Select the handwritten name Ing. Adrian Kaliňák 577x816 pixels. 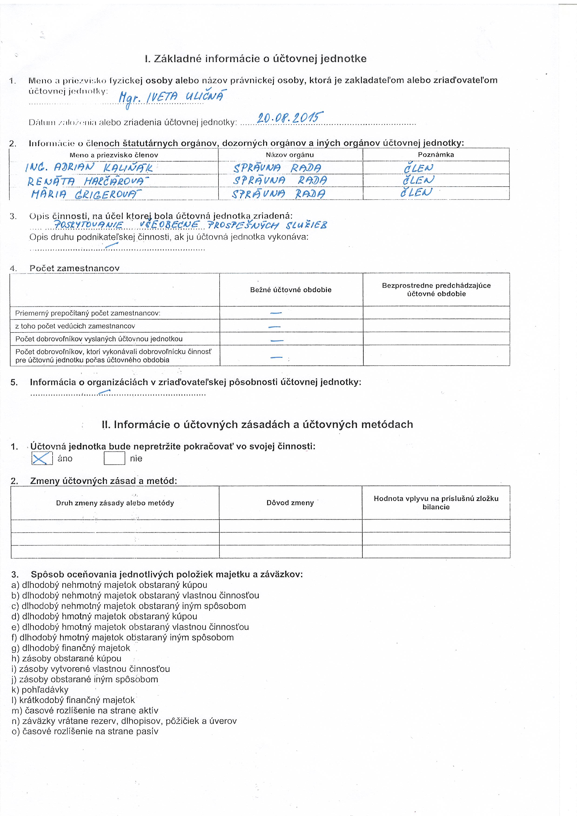[x=89, y=167]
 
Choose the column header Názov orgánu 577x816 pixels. [x=290, y=154]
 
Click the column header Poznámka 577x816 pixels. [x=436, y=154]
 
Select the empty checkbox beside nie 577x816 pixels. [x=114, y=458]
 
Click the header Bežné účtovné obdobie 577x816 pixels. [x=291, y=290]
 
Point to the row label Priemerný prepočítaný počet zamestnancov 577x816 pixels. [x=88, y=313]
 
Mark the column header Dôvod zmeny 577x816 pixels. [x=290, y=503]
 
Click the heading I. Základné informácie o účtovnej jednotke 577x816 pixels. [x=256, y=59]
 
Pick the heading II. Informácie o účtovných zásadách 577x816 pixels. [x=257, y=424]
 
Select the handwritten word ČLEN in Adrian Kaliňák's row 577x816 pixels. [x=419, y=168]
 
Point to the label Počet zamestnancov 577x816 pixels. [x=75, y=268]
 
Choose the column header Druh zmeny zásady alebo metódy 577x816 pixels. [x=115, y=503]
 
